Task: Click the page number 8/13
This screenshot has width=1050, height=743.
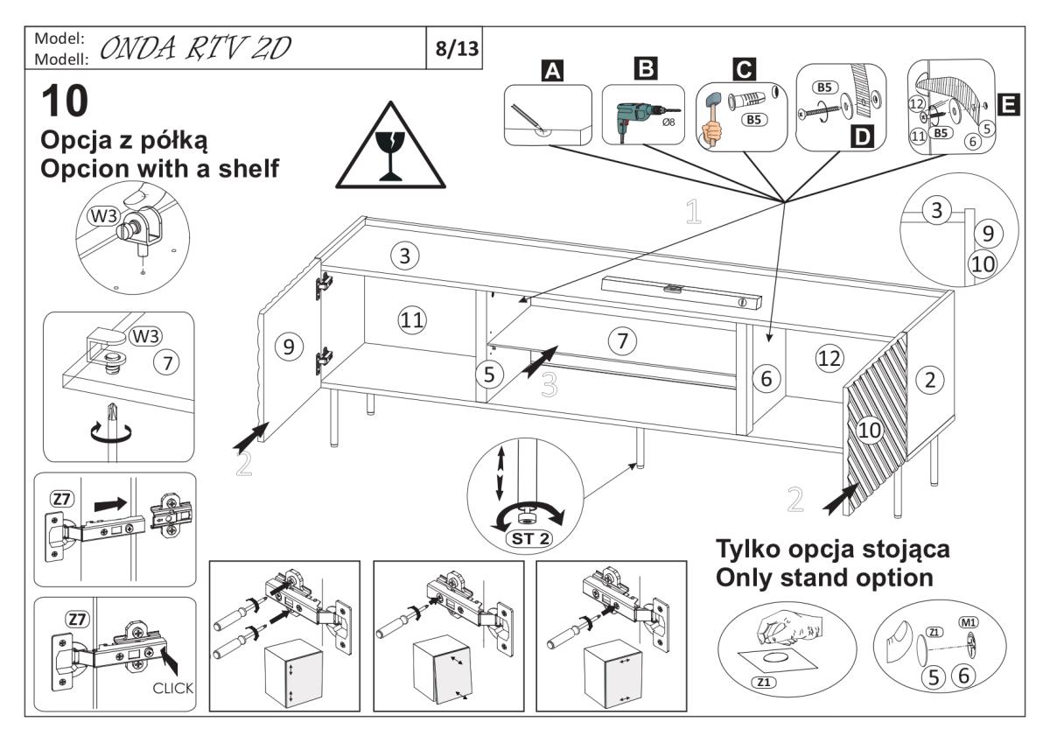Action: (x=458, y=48)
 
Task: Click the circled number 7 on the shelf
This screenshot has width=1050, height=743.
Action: (x=621, y=341)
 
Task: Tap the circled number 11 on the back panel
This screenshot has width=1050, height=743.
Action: (x=412, y=320)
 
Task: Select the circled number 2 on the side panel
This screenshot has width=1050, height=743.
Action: (x=929, y=379)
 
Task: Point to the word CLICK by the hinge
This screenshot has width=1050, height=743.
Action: (x=173, y=689)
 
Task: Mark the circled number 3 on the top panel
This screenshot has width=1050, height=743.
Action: (x=404, y=256)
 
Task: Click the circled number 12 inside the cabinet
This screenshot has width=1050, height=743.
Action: (x=828, y=356)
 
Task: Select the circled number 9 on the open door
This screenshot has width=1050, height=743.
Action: (x=286, y=347)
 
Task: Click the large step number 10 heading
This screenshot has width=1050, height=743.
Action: (x=65, y=102)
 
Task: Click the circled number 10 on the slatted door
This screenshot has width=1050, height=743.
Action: (x=870, y=429)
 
